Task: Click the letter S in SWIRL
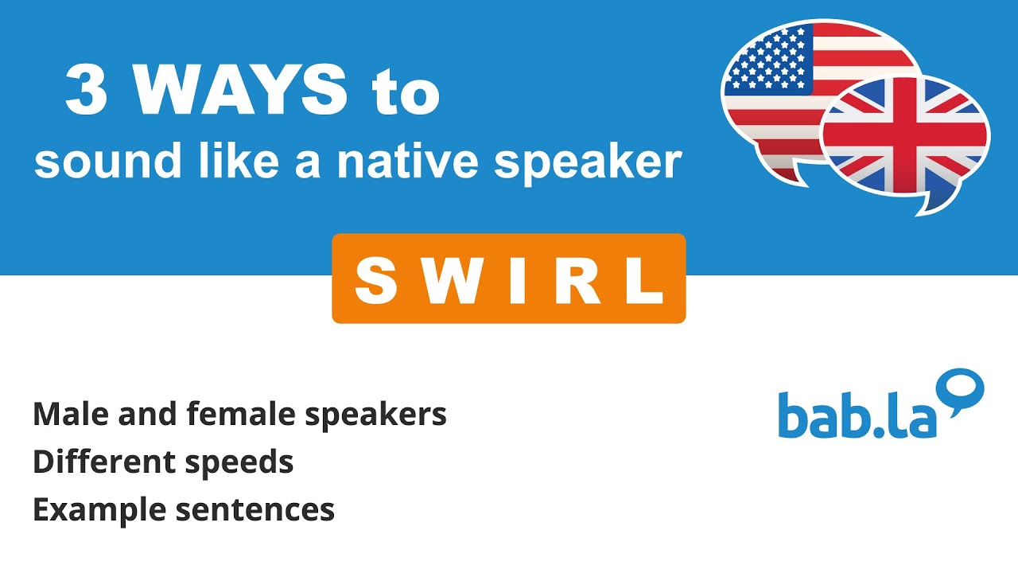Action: click(375, 279)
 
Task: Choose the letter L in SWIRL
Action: click(642, 279)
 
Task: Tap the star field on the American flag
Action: click(767, 60)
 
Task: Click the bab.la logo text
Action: click(857, 415)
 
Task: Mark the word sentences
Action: click(255, 510)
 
